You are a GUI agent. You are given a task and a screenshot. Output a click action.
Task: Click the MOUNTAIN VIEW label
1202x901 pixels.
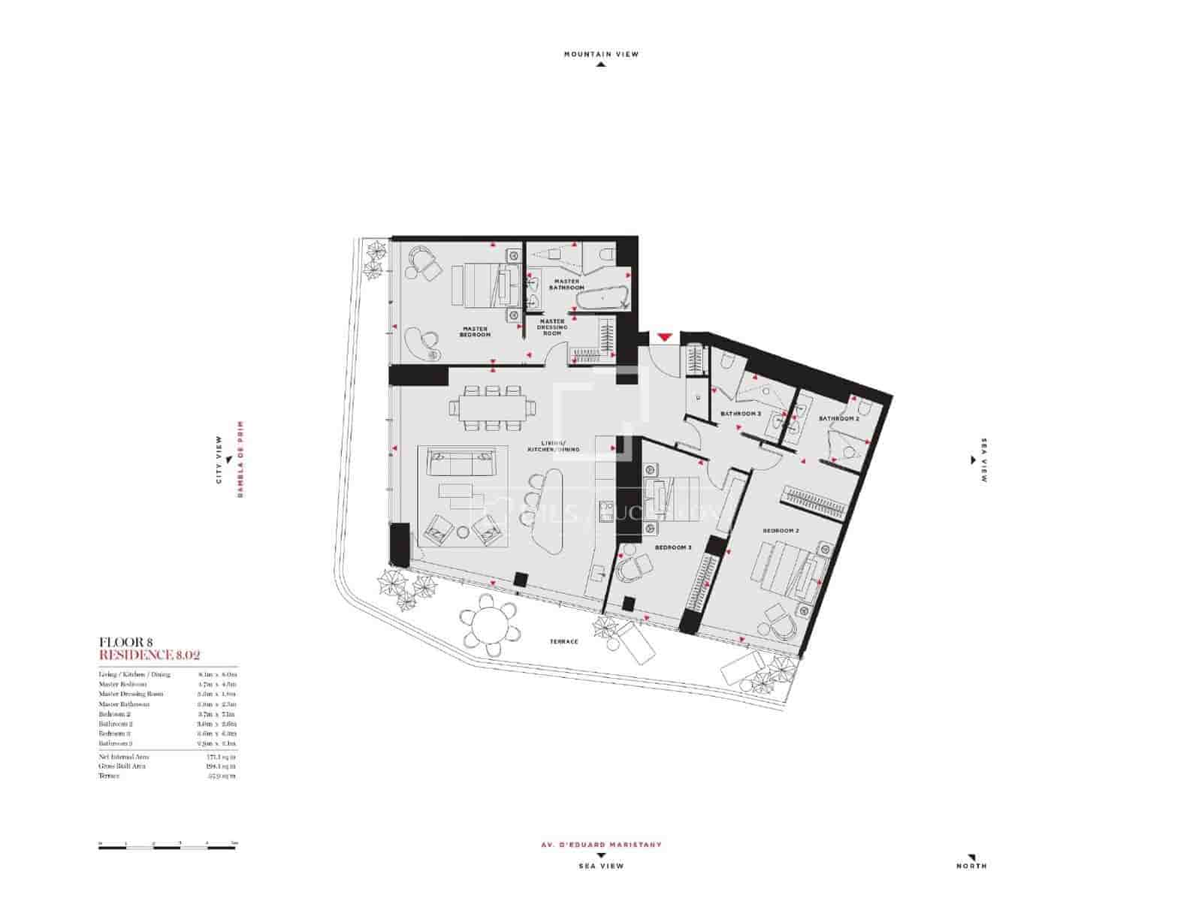point(601,54)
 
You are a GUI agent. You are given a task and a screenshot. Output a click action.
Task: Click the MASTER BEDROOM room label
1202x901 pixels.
point(476,331)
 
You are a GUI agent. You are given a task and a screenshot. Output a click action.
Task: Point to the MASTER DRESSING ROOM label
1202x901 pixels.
point(552,327)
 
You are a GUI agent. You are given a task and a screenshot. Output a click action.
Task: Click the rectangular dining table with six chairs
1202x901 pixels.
point(493,408)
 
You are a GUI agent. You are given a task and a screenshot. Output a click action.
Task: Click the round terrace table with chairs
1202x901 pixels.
point(489,622)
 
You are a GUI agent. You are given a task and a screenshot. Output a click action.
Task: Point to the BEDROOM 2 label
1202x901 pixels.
point(781,531)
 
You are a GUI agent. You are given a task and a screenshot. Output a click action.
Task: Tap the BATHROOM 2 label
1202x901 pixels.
point(838,418)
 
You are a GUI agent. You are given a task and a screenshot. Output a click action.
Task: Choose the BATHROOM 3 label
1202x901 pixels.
point(741,414)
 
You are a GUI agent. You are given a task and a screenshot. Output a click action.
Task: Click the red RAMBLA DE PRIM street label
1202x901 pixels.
point(241,460)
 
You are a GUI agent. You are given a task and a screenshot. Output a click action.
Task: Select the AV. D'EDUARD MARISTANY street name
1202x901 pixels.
point(601,845)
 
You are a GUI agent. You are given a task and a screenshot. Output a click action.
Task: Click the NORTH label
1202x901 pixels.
point(971,866)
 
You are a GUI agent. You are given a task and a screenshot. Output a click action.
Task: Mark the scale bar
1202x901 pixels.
point(168,847)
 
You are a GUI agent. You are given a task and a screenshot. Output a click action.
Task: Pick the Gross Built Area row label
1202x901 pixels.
point(122,766)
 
